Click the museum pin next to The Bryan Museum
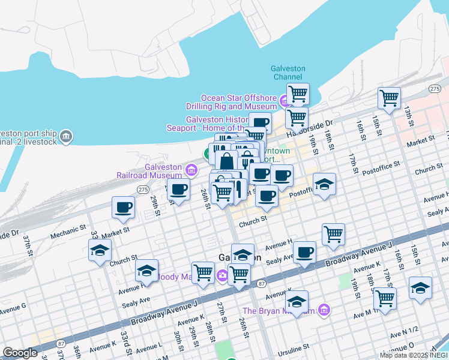[x=324, y=310]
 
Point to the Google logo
[x=20, y=353]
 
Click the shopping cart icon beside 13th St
[x=390, y=97]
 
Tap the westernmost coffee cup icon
[x=123, y=208]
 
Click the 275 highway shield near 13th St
[x=435, y=89]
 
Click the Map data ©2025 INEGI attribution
[x=414, y=355]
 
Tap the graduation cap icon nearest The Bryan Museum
[x=297, y=301]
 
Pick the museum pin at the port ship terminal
[x=66, y=136]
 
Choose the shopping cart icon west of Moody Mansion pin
[x=203, y=273]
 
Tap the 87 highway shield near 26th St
[x=261, y=283]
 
